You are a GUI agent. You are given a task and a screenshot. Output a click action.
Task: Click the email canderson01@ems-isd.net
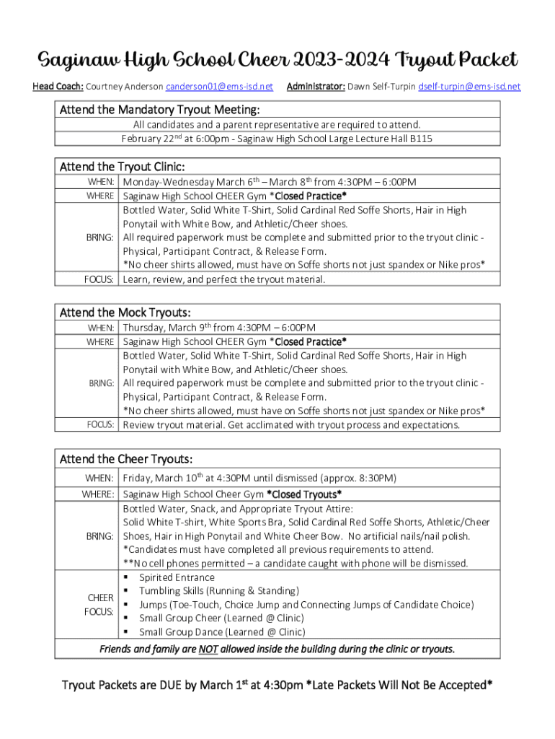pyautogui.click(x=219, y=87)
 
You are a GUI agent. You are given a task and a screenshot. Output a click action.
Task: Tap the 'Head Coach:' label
pyautogui.click(x=58, y=87)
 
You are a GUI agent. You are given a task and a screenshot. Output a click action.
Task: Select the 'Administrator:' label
pyautogui.click(x=316, y=87)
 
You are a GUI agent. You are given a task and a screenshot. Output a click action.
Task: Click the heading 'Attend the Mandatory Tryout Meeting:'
pyautogui.click(x=159, y=110)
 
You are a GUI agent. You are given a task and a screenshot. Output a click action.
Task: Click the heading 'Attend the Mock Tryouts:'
pyautogui.click(x=125, y=312)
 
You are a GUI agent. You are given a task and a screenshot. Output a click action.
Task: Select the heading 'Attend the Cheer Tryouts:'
pyautogui.click(x=126, y=459)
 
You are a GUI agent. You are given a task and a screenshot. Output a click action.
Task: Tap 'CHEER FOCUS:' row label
pyautogui.click(x=100, y=605)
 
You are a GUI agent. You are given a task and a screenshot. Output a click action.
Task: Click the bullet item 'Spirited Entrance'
pyautogui.click(x=177, y=577)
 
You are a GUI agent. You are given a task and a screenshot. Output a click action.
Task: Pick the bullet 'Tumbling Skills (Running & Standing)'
pyautogui.click(x=218, y=591)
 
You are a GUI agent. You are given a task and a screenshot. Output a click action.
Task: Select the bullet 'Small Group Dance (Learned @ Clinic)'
pyautogui.click(x=222, y=632)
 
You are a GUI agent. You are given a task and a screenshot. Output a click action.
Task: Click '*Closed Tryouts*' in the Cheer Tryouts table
pyautogui.click(x=304, y=494)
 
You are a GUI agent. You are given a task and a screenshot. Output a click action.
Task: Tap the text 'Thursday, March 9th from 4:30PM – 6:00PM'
pyautogui.click(x=219, y=328)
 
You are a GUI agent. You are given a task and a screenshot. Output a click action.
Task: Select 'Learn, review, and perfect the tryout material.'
pyautogui.click(x=224, y=279)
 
